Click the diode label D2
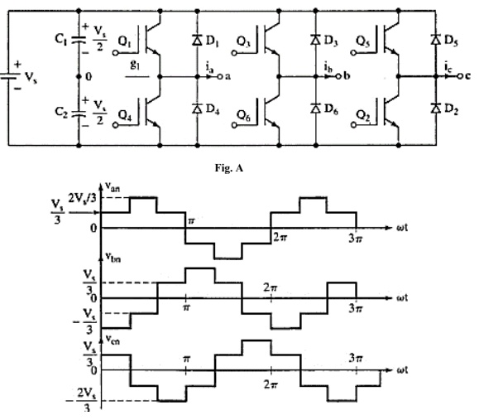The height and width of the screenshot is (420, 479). [452, 112]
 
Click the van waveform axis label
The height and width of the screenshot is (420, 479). [116, 188]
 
